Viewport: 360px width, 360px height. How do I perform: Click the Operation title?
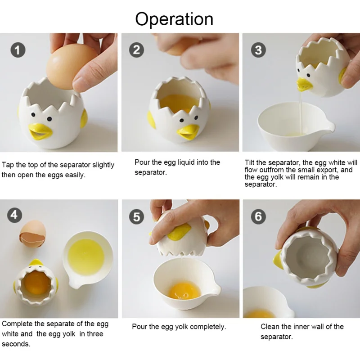point(174,19)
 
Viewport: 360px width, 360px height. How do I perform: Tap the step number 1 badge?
point(18,50)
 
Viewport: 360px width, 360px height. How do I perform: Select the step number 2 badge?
point(136,50)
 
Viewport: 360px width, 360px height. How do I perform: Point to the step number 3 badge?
point(258,50)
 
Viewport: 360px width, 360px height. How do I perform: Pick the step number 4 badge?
point(14,215)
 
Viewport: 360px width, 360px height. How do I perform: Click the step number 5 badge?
point(136,217)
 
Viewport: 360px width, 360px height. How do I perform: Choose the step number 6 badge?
point(258,216)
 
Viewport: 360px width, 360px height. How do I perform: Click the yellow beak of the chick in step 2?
point(188,132)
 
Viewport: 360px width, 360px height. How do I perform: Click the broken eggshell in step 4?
point(32,234)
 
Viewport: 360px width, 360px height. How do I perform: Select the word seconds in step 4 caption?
point(16,344)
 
